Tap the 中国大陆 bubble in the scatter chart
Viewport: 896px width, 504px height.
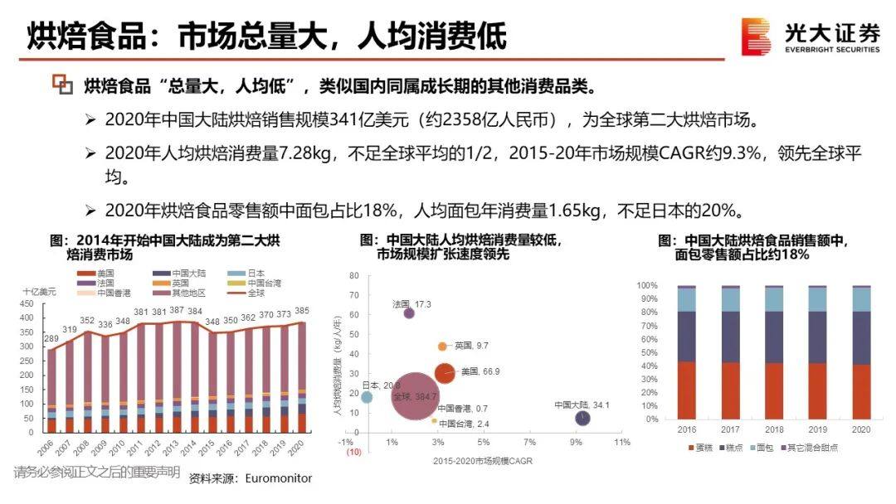click(583, 418)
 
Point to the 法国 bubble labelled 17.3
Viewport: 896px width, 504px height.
click(409, 313)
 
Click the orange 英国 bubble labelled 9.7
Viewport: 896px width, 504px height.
click(442, 346)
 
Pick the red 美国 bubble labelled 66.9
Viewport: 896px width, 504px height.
click(445, 373)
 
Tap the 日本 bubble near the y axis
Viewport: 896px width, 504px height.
click(367, 398)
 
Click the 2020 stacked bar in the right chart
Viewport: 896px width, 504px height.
click(860, 352)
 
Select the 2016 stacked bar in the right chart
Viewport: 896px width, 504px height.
click(687, 352)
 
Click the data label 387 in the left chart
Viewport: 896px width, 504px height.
click(177, 311)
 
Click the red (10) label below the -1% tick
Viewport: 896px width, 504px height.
click(342, 453)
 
